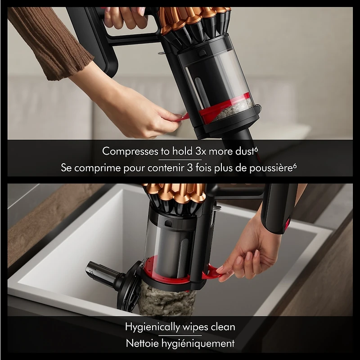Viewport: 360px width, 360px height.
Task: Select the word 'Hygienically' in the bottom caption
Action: point(152,327)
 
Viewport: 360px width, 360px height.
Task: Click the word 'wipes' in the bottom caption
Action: point(193,327)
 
